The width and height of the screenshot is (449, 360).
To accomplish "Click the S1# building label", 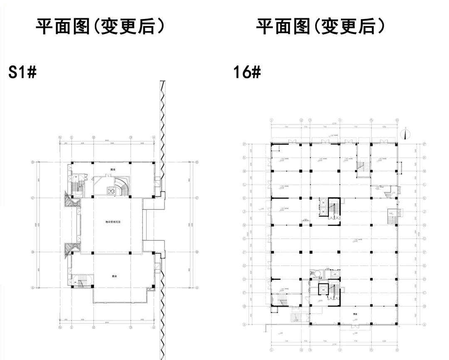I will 23,73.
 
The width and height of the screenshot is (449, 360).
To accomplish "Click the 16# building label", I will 247,73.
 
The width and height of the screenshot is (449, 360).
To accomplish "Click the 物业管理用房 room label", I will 113,222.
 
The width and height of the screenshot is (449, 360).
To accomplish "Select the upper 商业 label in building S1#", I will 113,170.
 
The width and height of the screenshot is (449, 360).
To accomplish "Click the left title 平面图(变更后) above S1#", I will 100,27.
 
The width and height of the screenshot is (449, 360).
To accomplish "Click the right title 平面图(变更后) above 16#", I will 320,27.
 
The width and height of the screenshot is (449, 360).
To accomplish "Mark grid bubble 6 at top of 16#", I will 397,120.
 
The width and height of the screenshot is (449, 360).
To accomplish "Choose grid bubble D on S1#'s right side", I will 197,162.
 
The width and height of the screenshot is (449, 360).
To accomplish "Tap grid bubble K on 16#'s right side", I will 424,198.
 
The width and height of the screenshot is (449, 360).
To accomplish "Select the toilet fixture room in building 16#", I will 316,274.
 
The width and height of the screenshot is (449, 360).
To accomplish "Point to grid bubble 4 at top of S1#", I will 154,137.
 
